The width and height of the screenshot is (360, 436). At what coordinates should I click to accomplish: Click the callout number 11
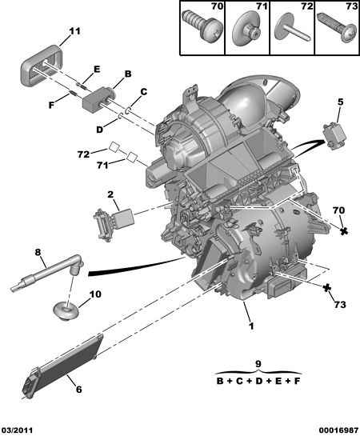pyautogui.click(x=74, y=31)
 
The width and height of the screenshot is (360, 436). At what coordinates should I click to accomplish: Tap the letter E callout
pyautogui.click(x=97, y=70)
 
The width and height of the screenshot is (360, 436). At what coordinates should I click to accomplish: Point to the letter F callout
pyautogui.click(x=51, y=105)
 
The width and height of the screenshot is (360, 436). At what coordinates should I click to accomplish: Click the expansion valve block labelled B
pyautogui.click(x=98, y=99)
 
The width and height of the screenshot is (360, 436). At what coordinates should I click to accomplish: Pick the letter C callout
pyautogui.click(x=143, y=92)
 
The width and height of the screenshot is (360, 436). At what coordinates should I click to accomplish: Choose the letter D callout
pyautogui.click(x=99, y=130)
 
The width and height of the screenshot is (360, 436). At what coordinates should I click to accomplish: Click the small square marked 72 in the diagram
pyautogui.click(x=114, y=146)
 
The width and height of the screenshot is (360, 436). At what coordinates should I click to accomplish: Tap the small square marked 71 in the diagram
pyautogui.click(x=132, y=157)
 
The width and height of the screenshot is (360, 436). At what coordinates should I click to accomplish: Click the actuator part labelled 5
pyautogui.click(x=334, y=137)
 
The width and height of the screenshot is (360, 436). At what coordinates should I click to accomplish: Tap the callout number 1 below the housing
pyautogui.click(x=251, y=326)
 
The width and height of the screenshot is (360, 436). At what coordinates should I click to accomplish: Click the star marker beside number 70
pyautogui.click(x=344, y=230)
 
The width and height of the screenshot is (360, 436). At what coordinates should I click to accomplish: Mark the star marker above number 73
pyautogui.click(x=327, y=288)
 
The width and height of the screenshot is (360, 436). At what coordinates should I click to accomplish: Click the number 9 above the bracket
pyautogui.click(x=258, y=364)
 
